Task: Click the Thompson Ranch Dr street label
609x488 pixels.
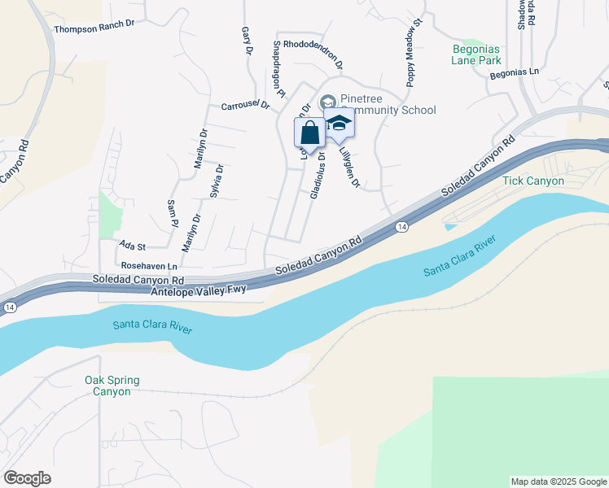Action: click(94, 28)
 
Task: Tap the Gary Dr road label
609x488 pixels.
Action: click(247, 41)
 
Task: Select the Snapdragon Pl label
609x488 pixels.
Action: click(278, 69)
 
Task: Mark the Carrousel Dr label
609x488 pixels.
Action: click(245, 105)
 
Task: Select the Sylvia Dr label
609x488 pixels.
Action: click(216, 181)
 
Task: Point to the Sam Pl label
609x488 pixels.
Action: click(172, 212)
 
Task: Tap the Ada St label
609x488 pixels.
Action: click(132, 246)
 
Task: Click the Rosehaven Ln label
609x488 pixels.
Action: click(149, 266)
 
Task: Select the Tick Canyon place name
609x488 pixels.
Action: click(533, 181)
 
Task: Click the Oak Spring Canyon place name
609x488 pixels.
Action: click(112, 386)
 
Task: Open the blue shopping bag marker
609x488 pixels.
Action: click(309, 132)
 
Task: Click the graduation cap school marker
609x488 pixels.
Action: click(339, 124)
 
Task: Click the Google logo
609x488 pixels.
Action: click(27, 477)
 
